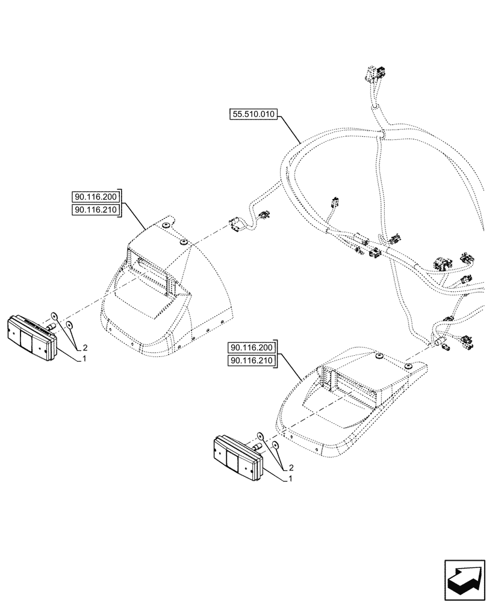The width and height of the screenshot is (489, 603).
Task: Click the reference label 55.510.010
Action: pyautogui.click(x=252, y=113)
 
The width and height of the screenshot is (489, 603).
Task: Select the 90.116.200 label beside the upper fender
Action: pyautogui.click(x=96, y=197)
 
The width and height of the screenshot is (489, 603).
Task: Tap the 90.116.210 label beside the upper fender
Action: pyautogui.click(x=96, y=209)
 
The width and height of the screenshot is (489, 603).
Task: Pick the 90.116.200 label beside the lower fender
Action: pyautogui.click(x=251, y=348)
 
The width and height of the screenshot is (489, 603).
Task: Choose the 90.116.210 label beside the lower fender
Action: pyautogui.click(x=251, y=361)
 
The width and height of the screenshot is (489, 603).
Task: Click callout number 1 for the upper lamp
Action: pyautogui.click(x=84, y=358)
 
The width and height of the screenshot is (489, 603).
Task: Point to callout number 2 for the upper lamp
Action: pyautogui.click(x=85, y=348)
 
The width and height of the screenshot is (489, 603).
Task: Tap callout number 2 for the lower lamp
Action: pyautogui.click(x=291, y=468)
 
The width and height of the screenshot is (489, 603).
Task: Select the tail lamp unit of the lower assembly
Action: pyautogui.click(x=236, y=458)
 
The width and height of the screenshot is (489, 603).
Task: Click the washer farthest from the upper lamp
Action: pyautogui.click(x=70, y=325)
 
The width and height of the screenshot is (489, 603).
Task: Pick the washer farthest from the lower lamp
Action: pyautogui.click(x=275, y=444)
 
